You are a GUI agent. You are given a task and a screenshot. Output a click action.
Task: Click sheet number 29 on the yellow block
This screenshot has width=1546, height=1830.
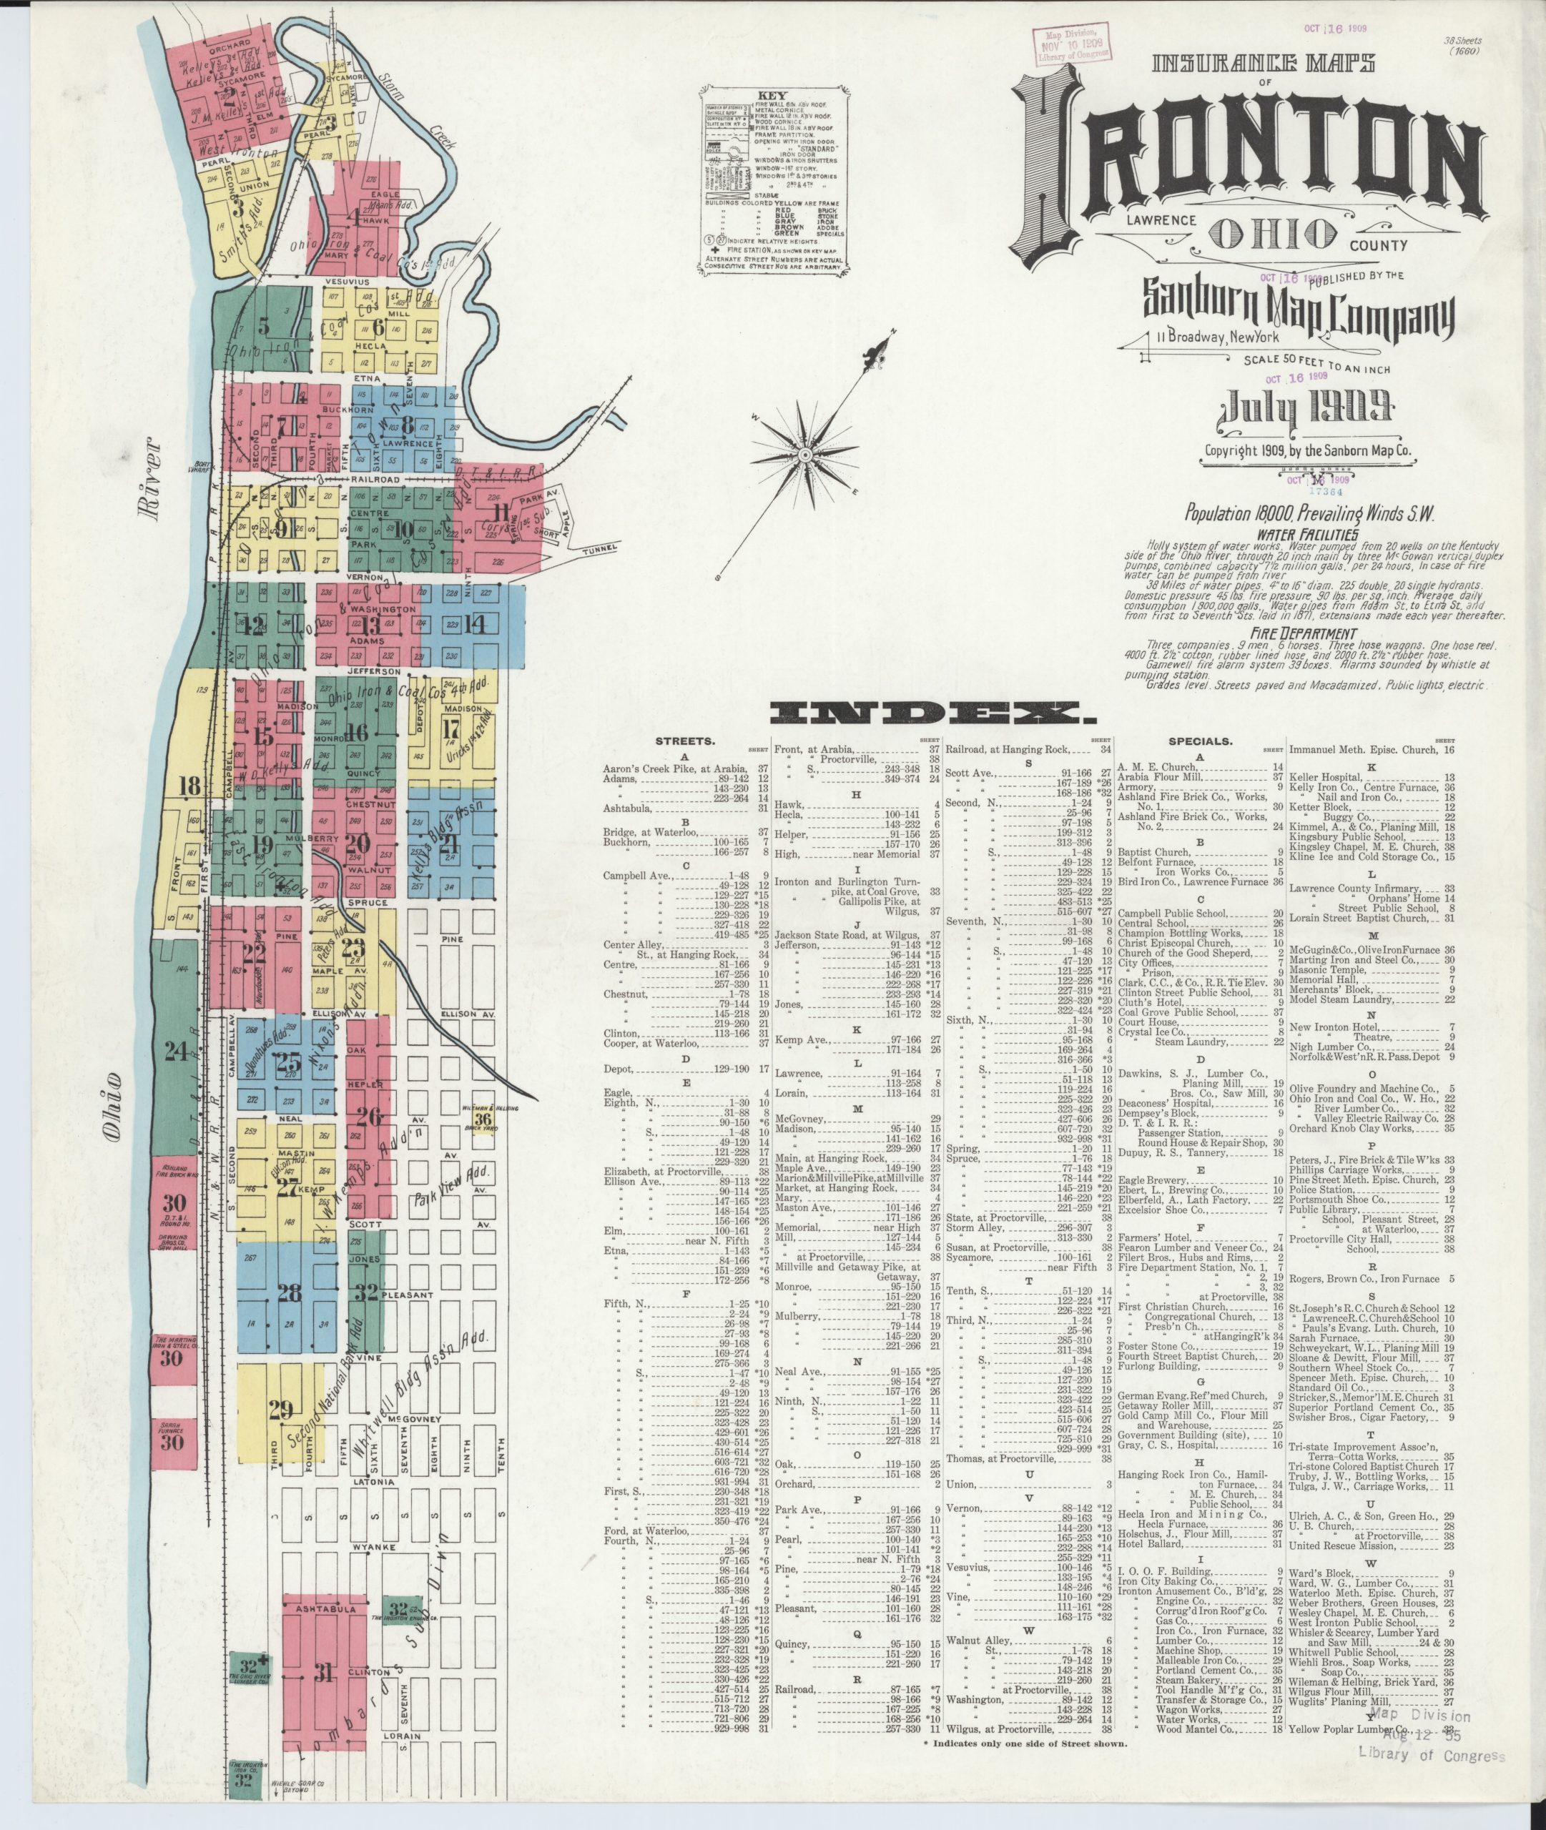point(280,1410)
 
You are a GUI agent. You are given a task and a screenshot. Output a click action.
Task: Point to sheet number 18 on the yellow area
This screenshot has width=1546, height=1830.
point(189,785)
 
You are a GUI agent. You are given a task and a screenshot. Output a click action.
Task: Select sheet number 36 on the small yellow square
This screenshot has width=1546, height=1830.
point(483,1119)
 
